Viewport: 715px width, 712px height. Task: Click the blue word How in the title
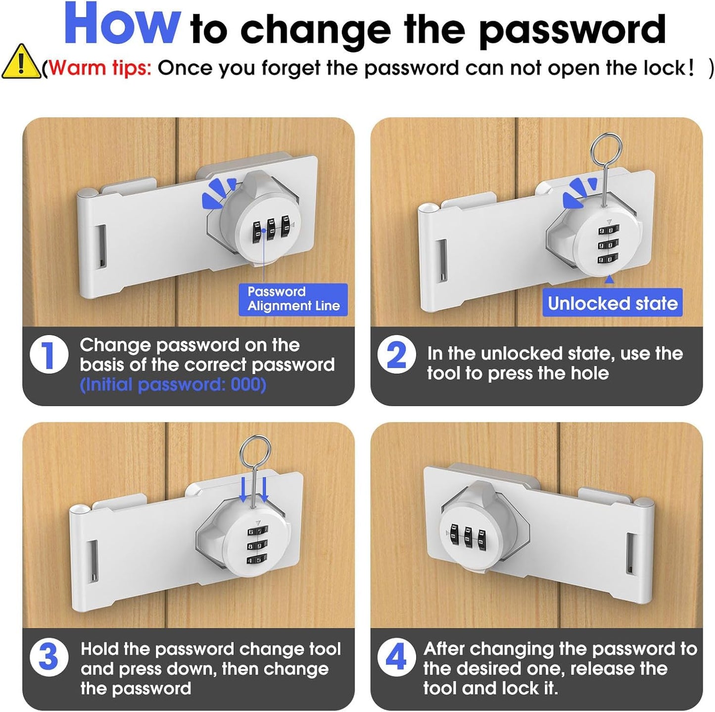[122, 25]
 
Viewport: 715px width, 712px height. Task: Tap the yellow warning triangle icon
[20, 62]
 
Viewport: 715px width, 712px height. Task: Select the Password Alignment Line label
[293, 299]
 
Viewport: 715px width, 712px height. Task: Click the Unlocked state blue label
[612, 303]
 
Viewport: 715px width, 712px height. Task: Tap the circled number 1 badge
[48, 354]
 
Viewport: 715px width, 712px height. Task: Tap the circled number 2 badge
[396, 354]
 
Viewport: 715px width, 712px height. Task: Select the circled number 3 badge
[48, 658]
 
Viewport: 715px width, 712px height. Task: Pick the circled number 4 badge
[396, 658]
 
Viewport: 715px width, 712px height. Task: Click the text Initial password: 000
[173, 384]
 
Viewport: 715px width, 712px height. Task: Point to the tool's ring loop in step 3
[255, 452]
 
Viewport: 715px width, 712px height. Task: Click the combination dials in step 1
[271, 229]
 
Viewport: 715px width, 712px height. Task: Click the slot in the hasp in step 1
[100, 246]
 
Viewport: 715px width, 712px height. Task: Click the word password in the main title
[572, 30]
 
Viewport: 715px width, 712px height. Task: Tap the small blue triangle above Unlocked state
[610, 280]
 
